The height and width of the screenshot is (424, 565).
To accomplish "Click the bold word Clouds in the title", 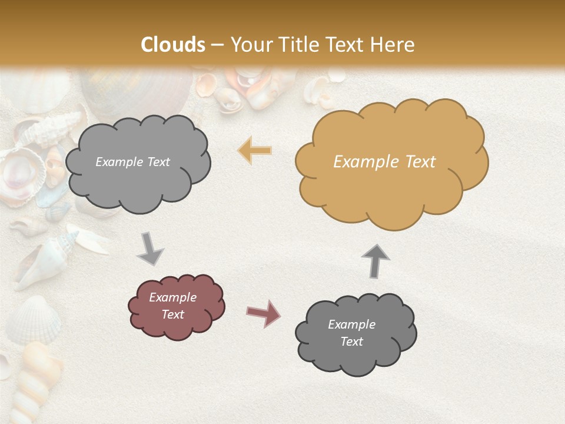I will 173,44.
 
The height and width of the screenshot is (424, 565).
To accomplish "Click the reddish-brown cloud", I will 177,306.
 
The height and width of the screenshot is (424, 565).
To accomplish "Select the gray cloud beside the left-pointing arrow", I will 137,162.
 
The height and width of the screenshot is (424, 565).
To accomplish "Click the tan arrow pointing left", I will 255,150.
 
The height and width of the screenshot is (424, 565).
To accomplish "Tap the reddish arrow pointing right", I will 264,313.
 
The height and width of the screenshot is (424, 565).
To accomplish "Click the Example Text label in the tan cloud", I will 384,162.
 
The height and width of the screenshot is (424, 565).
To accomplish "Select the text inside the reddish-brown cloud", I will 173,306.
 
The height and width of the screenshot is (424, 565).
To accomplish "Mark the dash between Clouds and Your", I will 218,44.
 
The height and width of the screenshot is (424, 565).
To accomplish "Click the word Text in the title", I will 347,44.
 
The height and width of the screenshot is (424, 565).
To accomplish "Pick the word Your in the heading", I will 251,44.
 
